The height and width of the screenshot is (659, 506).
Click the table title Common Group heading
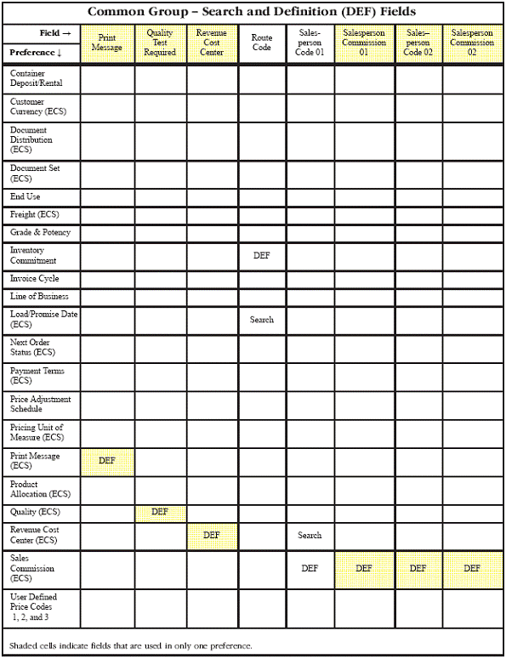(x=252, y=12)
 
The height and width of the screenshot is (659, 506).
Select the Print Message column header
(x=107, y=43)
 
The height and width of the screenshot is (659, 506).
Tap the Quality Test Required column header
(x=160, y=43)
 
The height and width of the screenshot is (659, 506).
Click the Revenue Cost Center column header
(x=212, y=43)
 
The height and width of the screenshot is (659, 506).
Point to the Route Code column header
(x=262, y=43)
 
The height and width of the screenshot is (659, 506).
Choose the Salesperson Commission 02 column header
(x=472, y=43)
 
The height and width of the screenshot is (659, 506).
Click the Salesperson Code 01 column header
(x=310, y=43)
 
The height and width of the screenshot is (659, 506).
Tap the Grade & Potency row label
(x=40, y=232)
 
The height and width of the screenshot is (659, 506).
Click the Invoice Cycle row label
(x=35, y=279)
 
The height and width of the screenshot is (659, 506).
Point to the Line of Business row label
(x=39, y=297)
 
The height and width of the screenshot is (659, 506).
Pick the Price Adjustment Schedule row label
(x=40, y=404)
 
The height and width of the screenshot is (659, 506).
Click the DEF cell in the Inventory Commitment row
(x=261, y=255)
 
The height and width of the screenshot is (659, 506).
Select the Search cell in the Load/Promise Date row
(x=262, y=320)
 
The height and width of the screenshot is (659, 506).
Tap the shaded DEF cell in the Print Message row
(x=107, y=460)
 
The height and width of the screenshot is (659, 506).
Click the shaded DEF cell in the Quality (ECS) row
(x=160, y=512)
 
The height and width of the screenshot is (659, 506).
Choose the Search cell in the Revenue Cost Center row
(x=310, y=536)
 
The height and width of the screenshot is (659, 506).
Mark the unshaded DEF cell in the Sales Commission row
(x=310, y=568)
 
